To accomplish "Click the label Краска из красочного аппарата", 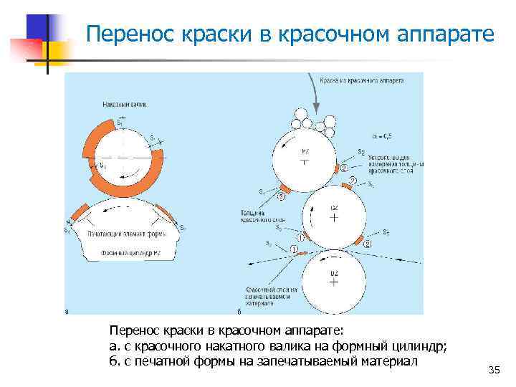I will [361, 81].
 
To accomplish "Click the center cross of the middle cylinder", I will [333, 216].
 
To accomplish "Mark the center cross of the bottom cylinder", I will [333, 282].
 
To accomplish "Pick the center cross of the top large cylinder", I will [305, 161].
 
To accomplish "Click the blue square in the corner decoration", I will [37, 27].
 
